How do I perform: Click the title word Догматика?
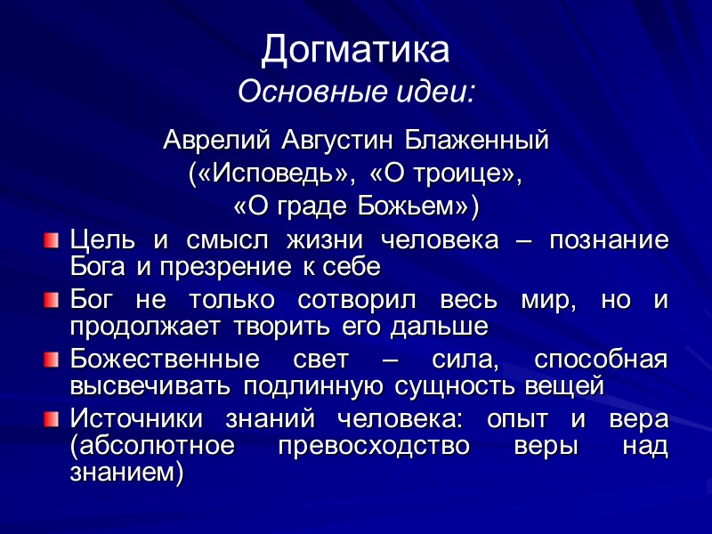pyautogui.click(x=355, y=51)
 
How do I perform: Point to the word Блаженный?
pyautogui.click(x=478, y=141)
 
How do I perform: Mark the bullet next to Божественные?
pyautogui.click(x=53, y=360)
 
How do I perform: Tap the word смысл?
pyautogui.click(x=226, y=241)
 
